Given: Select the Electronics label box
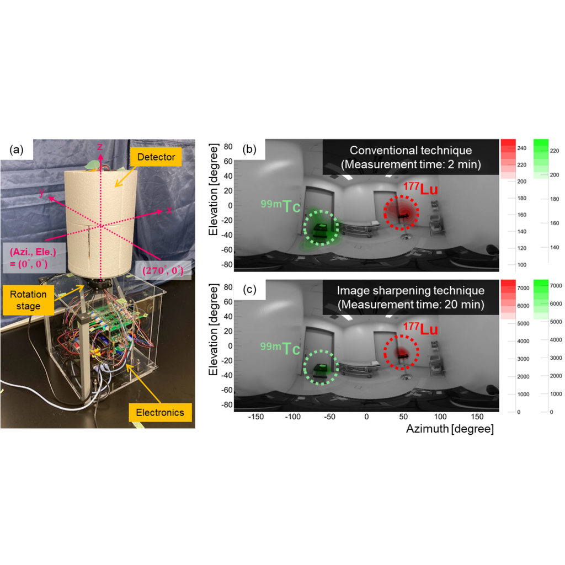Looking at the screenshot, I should (159, 412).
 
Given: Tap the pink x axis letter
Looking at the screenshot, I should (169, 210).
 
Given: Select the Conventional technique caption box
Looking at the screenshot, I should (411, 157).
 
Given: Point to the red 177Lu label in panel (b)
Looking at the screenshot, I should (420, 189).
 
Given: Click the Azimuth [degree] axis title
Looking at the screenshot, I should (450, 429).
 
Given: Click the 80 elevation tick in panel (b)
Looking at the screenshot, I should (227, 147).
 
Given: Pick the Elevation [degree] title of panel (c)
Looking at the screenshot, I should (212, 346).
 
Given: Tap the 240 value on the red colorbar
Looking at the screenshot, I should (522, 148).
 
